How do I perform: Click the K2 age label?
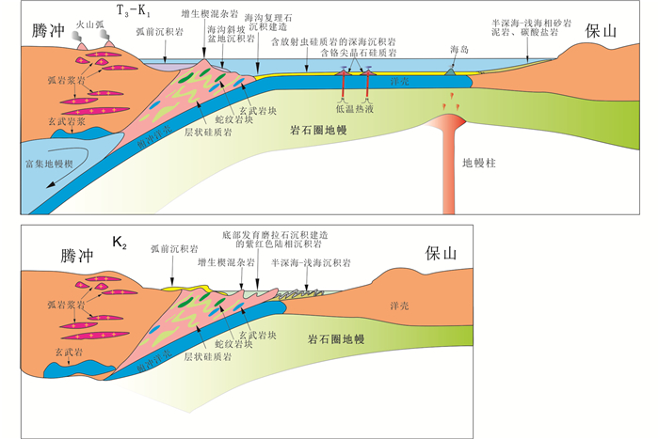click(120, 242)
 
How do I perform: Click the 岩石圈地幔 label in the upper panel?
click(323, 127)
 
